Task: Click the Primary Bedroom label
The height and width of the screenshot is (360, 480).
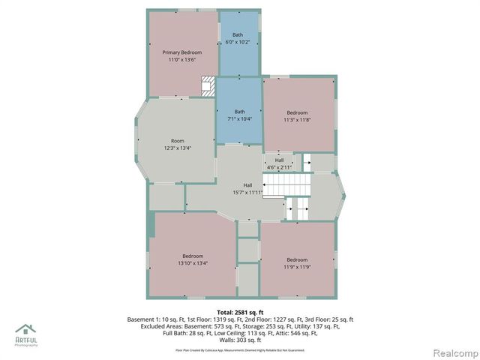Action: (182, 52)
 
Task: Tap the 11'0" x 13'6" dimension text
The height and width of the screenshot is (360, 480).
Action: (182, 59)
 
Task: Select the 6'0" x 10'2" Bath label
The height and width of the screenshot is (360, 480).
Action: (238, 42)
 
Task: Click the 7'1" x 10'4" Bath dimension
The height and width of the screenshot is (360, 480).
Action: (239, 118)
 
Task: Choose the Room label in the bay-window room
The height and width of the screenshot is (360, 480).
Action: (177, 141)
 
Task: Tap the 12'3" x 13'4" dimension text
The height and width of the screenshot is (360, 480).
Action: (177, 148)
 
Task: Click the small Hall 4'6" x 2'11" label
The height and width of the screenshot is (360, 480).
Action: (279, 163)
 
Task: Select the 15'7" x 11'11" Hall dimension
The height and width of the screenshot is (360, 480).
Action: (247, 192)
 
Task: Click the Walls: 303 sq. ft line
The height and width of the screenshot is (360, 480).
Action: (240, 340)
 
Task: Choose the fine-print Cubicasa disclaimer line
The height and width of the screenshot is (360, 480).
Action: (240, 350)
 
